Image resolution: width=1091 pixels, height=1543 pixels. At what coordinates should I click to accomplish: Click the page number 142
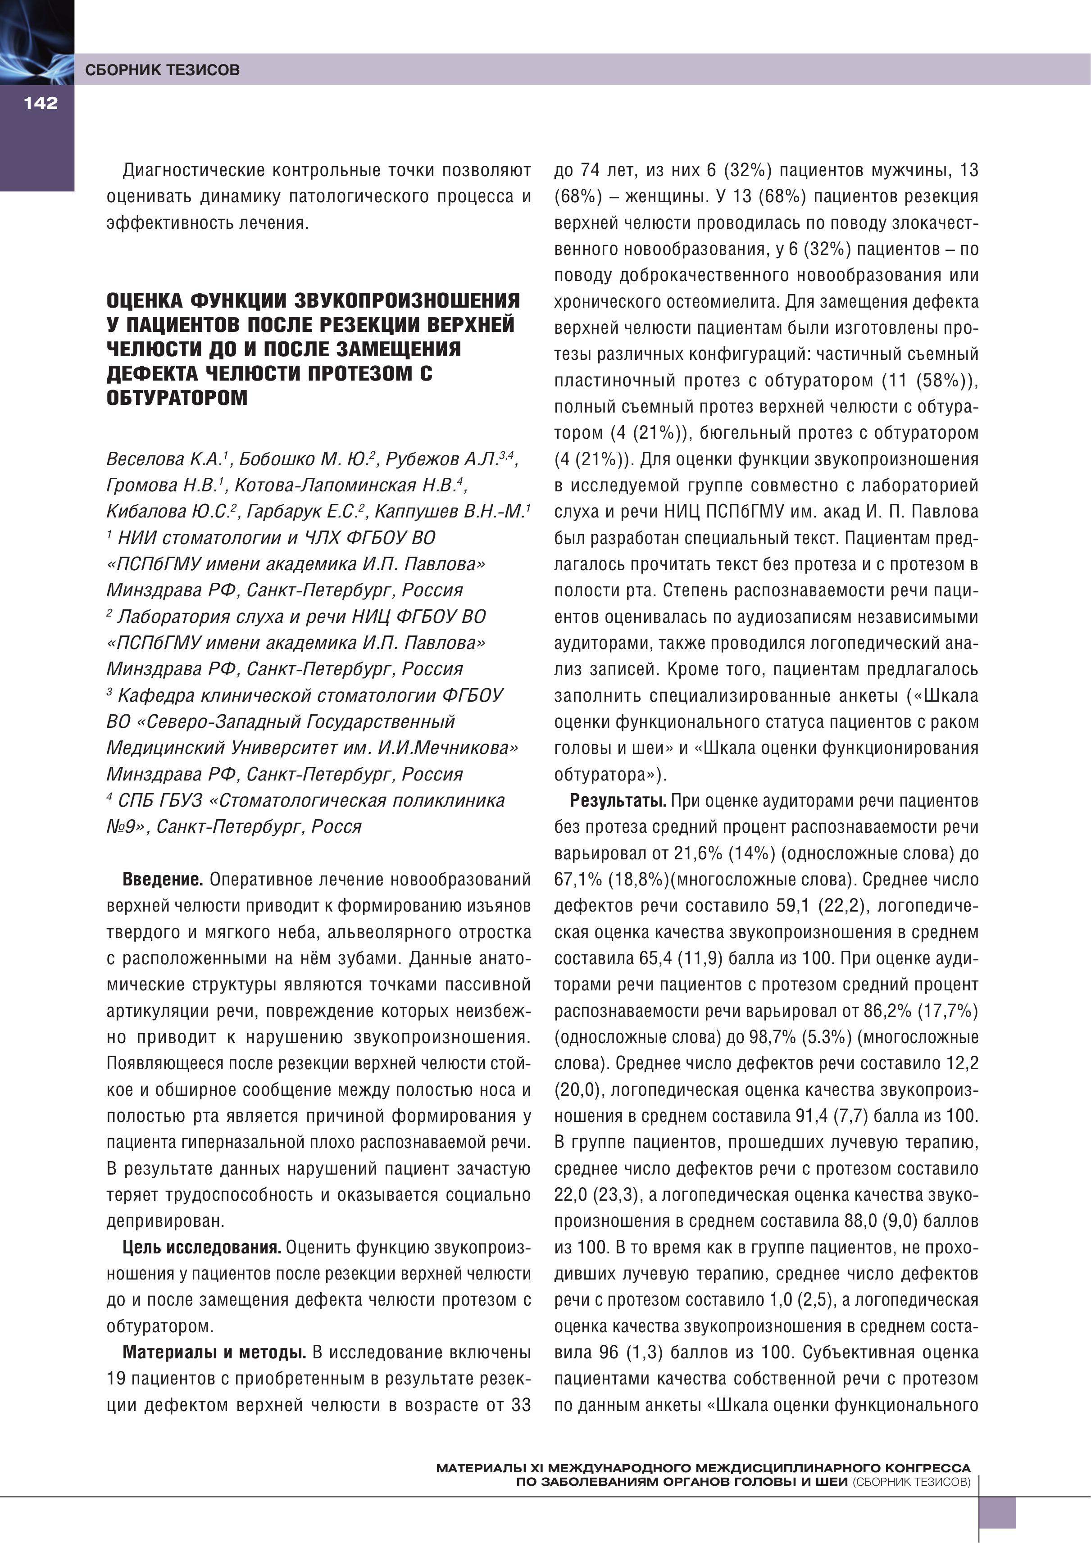41,103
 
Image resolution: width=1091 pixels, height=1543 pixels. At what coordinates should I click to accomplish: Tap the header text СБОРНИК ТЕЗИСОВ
162,70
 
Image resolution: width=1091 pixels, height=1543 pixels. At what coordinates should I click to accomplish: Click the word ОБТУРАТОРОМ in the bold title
177,398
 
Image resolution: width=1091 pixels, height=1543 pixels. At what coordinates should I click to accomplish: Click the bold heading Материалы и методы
214,1353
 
